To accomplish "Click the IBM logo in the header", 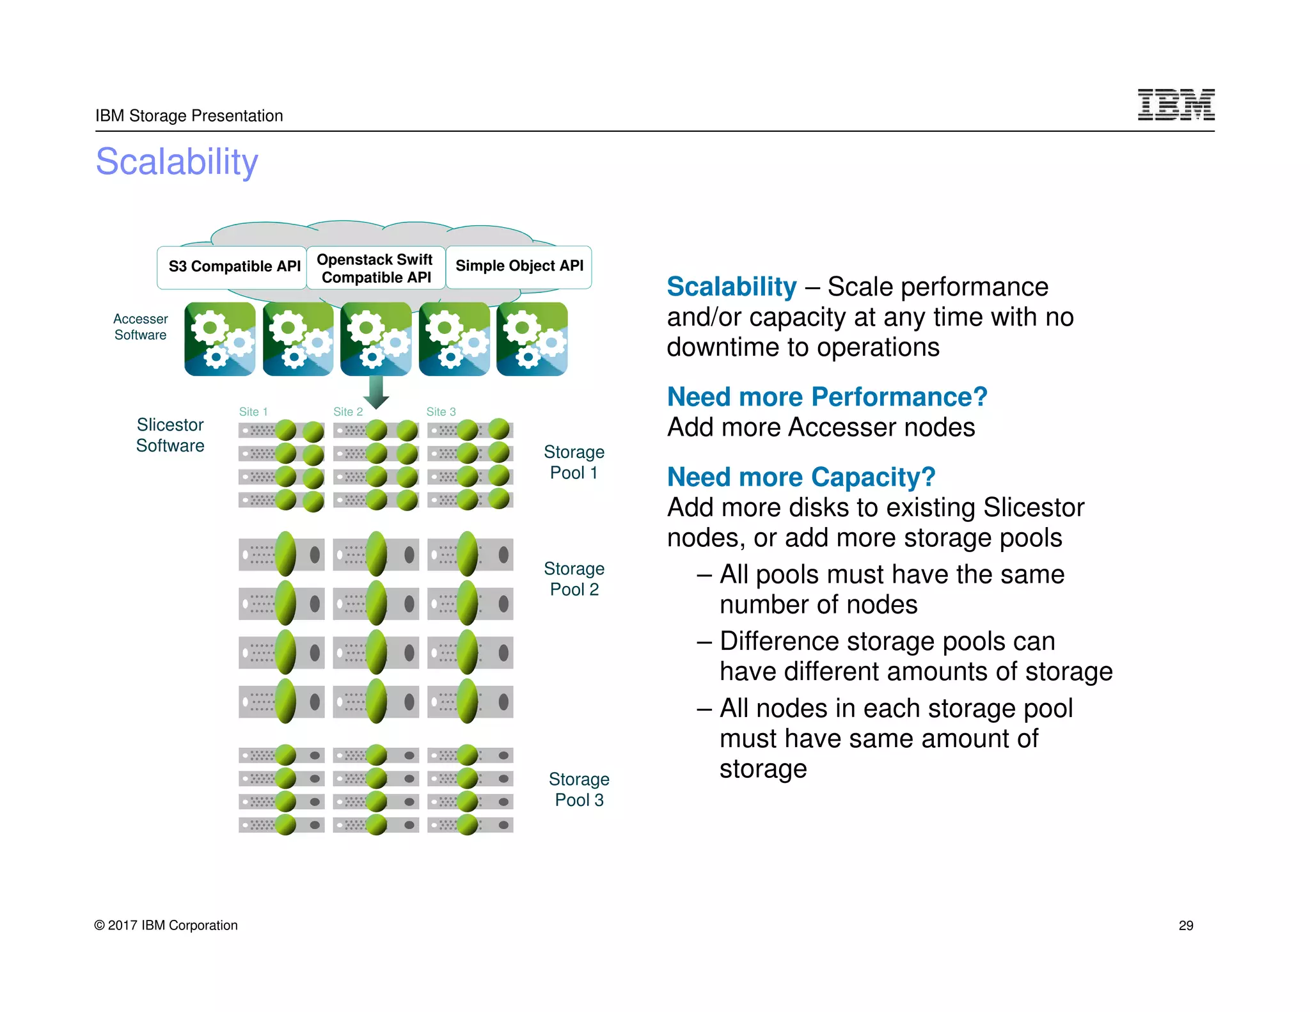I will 1176,105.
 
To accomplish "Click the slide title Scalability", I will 177,162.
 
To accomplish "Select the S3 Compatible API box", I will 233,267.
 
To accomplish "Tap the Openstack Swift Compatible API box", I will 375,268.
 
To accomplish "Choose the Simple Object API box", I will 519,266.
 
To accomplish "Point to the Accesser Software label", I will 141,327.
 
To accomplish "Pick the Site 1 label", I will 253,412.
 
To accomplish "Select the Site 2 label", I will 348,412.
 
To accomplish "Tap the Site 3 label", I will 441,412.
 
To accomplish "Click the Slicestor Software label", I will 170,435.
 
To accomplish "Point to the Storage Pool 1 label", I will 574,463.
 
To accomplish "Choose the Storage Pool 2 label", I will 574,579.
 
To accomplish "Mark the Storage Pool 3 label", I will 579,789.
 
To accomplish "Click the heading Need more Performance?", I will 827,397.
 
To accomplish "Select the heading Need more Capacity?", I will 801,477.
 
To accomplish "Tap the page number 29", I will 1186,926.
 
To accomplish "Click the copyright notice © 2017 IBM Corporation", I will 166,926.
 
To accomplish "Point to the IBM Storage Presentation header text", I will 189,116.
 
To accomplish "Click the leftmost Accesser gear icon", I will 219,339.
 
